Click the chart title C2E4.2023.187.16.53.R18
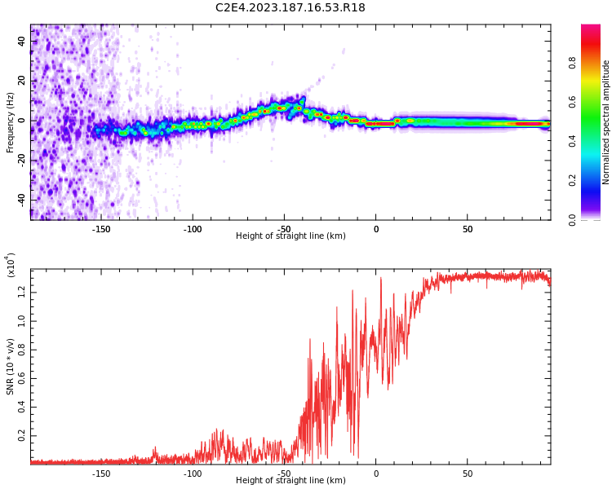(290, 8)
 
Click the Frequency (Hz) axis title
(11, 121)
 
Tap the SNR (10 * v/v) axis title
(11, 368)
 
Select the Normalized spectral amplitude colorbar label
(606, 121)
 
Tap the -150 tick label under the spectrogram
(101, 229)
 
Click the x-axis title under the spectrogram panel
(290, 236)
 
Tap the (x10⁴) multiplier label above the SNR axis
(11, 265)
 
